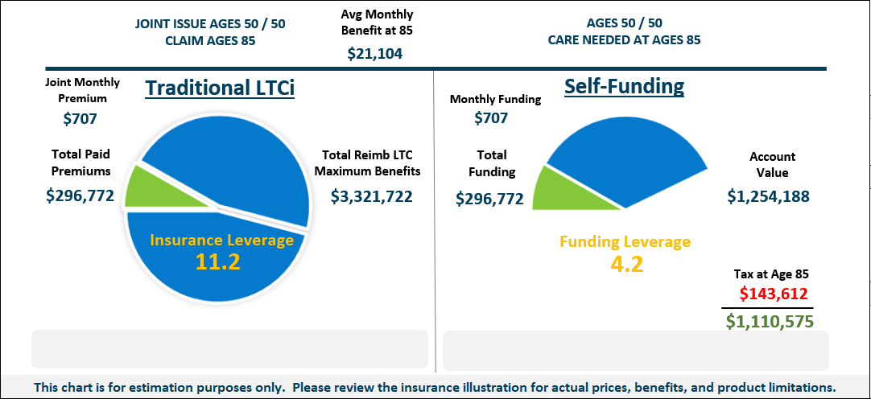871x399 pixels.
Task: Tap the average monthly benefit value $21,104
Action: [x=375, y=54]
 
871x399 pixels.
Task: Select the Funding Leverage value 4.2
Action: [x=625, y=264]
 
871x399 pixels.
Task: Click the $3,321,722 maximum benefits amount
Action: [x=373, y=195]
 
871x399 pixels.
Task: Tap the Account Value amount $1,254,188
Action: [x=768, y=196]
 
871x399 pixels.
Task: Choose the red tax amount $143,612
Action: [x=774, y=294]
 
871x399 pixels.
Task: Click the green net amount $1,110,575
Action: [x=770, y=322]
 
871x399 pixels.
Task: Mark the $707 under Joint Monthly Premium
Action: [x=80, y=119]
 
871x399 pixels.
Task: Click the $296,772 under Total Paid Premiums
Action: [x=80, y=195]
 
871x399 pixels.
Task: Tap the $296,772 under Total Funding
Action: [x=489, y=199]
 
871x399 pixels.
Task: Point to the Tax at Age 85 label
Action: [x=770, y=274]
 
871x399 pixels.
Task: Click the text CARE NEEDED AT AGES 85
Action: [x=625, y=40]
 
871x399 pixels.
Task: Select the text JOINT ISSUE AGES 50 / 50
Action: [x=210, y=24]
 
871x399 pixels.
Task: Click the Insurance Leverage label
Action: [x=221, y=241]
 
